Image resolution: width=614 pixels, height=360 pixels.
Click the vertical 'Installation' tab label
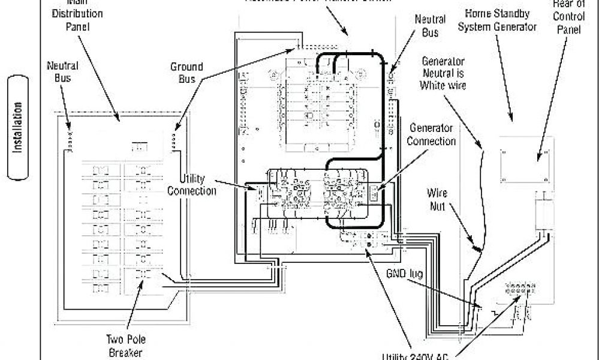tap(20, 127)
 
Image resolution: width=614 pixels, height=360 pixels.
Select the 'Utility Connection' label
tap(192, 184)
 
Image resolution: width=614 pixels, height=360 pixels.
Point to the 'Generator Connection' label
tap(431, 134)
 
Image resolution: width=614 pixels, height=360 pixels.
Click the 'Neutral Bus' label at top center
tap(429, 26)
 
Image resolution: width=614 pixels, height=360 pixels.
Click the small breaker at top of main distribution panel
tap(139, 146)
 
